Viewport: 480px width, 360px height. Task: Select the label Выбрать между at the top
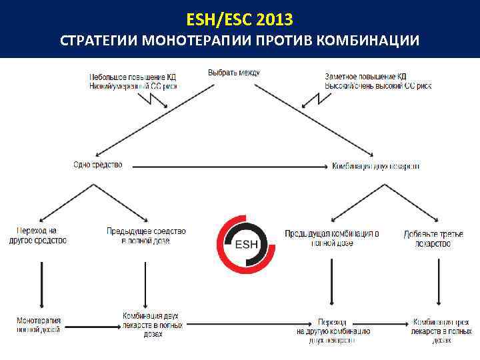233,72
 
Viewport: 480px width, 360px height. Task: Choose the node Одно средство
98,165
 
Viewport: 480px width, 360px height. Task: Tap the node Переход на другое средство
38,235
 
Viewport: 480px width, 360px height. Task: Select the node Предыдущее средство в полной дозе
146,235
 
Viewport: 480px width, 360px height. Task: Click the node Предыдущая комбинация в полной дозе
332,238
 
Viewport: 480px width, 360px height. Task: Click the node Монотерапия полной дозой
39,325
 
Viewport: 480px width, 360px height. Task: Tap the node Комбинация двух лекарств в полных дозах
151,324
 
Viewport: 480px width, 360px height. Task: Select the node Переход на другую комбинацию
332,329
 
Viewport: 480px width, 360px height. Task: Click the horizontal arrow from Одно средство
227,165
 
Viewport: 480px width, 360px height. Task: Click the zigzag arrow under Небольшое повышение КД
160,99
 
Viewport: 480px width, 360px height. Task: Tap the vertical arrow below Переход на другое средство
41,283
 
